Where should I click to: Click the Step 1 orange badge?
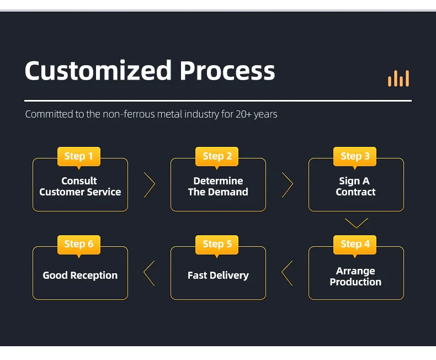pyautogui.click(x=79, y=156)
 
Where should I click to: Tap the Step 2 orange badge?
pyautogui.click(x=217, y=156)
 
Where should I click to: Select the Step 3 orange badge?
pyautogui.click(x=355, y=156)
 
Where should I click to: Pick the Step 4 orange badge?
pyautogui.click(x=355, y=244)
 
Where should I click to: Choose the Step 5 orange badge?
pyautogui.click(x=217, y=244)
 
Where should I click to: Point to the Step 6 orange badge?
pyautogui.click(x=79, y=244)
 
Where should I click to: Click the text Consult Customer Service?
pyautogui.click(x=80, y=187)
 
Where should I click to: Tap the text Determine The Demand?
pyautogui.click(x=218, y=187)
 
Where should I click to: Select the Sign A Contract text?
pyautogui.click(x=355, y=187)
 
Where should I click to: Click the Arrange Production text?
pyautogui.click(x=355, y=277)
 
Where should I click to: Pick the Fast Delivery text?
pyautogui.click(x=218, y=275)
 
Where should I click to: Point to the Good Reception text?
pyautogui.click(x=80, y=275)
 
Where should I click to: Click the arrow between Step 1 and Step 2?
pyautogui.click(x=150, y=185)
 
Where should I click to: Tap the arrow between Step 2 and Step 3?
pyautogui.click(x=288, y=185)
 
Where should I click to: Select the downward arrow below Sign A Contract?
pyautogui.click(x=356, y=223)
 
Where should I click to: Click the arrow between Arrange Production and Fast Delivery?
pyautogui.click(x=287, y=273)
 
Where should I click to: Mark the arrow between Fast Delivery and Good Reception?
pyautogui.click(x=149, y=273)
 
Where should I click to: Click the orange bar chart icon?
pyautogui.click(x=398, y=78)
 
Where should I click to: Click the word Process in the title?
pyautogui.click(x=227, y=72)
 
